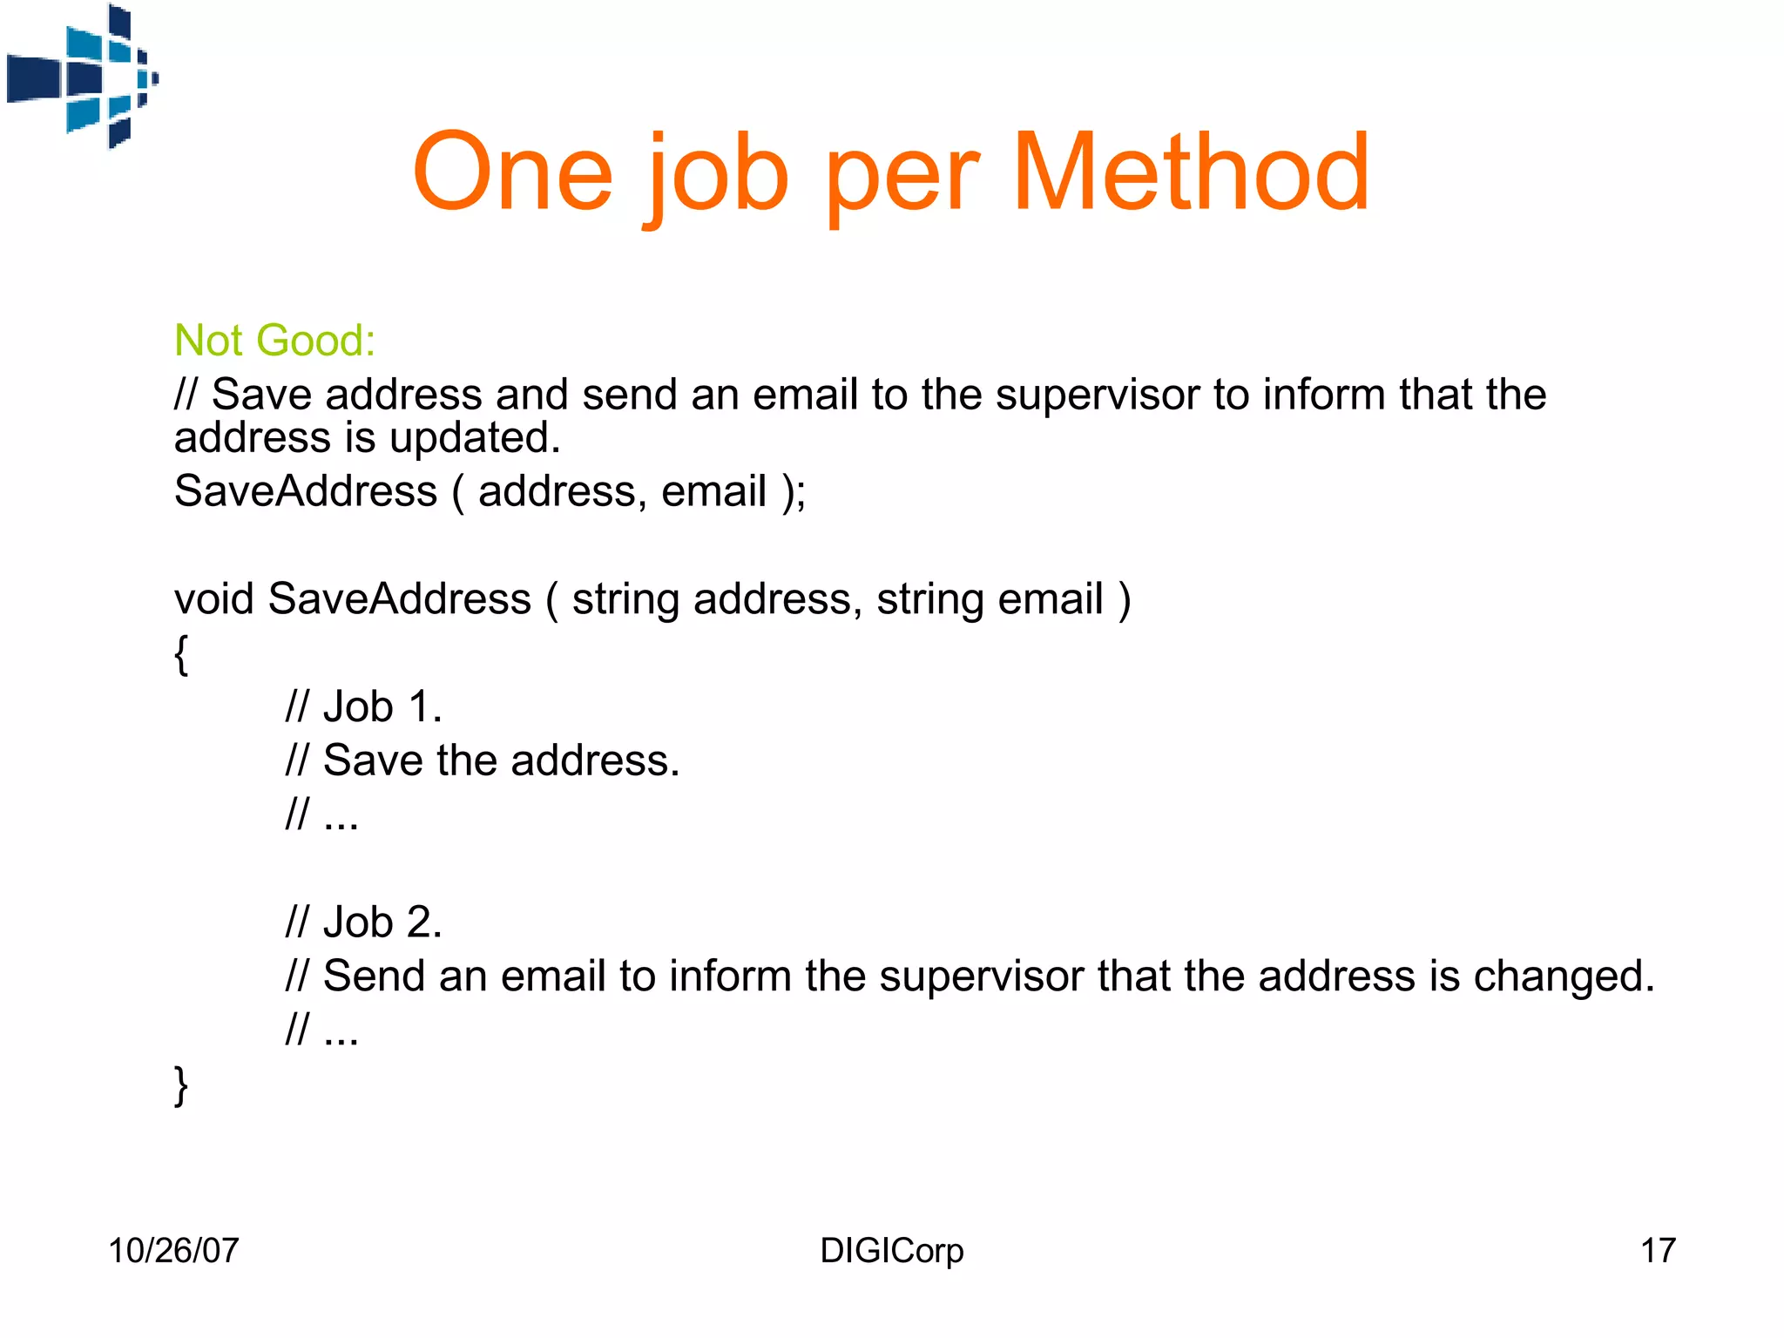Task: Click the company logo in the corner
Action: (x=81, y=77)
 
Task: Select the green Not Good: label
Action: (x=274, y=340)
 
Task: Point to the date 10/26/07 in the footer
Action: (x=173, y=1250)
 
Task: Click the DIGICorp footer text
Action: (x=891, y=1250)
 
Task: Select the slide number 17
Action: (x=1658, y=1250)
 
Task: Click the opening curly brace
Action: (x=181, y=653)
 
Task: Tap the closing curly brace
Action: (x=181, y=1085)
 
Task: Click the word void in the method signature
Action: (x=214, y=599)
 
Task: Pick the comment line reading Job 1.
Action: (x=364, y=706)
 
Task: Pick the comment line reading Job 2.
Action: (x=364, y=922)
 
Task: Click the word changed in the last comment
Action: (x=1564, y=976)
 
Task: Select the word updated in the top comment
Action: (x=475, y=437)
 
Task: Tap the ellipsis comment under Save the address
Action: (x=322, y=815)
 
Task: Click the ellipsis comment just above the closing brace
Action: (x=322, y=1031)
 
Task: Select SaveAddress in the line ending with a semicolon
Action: (x=305, y=491)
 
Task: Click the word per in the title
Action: (x=902, y=179)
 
